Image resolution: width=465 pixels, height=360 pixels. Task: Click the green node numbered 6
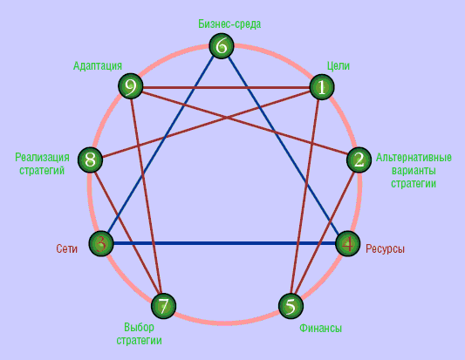(x=222, y=46)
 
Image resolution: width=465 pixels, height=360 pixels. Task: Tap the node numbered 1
(x=322, y=87)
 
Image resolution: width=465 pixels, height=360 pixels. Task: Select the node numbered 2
(x=359, y=160)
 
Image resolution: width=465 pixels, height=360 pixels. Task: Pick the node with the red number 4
(x=348, y=243)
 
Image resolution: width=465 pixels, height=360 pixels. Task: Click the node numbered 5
(x=291, y=306)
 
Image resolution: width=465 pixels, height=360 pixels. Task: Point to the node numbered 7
(x=163, y=306)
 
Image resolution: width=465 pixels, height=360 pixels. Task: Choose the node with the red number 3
(x=101, y=243)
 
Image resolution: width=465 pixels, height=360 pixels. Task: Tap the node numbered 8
(x=90, y=160)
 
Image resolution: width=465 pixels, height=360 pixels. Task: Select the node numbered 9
(x=131, y=86)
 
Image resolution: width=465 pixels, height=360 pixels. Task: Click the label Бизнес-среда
(x=229, y=24)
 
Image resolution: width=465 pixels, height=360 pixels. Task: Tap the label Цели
(x=338, y=65)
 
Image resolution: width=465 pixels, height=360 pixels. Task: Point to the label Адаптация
(x=98, y=65)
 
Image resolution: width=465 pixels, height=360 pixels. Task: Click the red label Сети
(x=66, y=248)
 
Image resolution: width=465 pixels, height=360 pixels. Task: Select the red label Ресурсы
(x=385, y=248)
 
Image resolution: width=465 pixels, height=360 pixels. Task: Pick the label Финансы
(x=320, y=328)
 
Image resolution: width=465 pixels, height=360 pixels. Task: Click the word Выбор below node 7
(x=139, y=327)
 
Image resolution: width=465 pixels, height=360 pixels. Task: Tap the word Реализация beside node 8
(x=42, y=157)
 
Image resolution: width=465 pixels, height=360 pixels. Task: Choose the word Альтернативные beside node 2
(x=414, y=157)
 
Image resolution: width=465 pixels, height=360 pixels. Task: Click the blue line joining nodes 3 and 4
(x=224, y=243)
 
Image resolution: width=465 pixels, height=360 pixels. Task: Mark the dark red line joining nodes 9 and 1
(x=226, y=87)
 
